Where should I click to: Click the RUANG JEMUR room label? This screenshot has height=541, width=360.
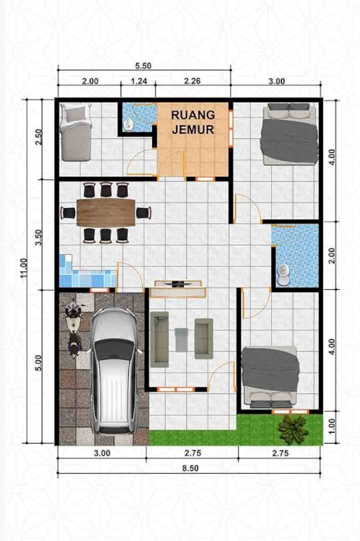[193, 122]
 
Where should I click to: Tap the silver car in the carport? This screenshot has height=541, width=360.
[115, 370]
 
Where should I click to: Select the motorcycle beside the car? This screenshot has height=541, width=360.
[73, 329]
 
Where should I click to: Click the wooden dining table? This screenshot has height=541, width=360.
[106, 213]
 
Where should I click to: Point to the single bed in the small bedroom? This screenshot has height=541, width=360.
[76, 132]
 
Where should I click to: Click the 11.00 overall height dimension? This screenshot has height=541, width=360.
[23, 268]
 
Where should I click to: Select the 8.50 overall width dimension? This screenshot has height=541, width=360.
[190, 468]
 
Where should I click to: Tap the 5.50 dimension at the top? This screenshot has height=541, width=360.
[143, 66]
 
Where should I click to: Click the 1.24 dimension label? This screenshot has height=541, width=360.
[139, 81]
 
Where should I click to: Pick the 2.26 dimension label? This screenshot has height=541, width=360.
[192, 81]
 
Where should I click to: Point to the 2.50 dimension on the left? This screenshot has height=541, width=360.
[39, 137]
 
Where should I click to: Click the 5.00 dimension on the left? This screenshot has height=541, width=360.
[39, 363]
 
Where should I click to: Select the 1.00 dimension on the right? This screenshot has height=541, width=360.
[331, 427]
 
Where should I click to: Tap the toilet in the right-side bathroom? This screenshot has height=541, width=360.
[284, 274]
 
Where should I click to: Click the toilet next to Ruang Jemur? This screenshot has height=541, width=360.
[129, 124]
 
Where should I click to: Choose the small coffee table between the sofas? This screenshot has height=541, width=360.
[182, 339]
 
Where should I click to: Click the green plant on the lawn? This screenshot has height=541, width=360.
[293, 429]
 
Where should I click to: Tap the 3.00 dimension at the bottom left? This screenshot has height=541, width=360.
[102, 453]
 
